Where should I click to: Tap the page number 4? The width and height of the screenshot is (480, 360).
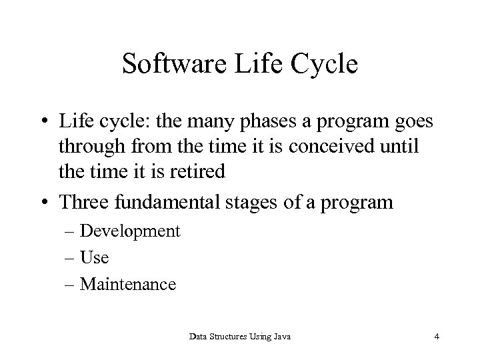point(436,337)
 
